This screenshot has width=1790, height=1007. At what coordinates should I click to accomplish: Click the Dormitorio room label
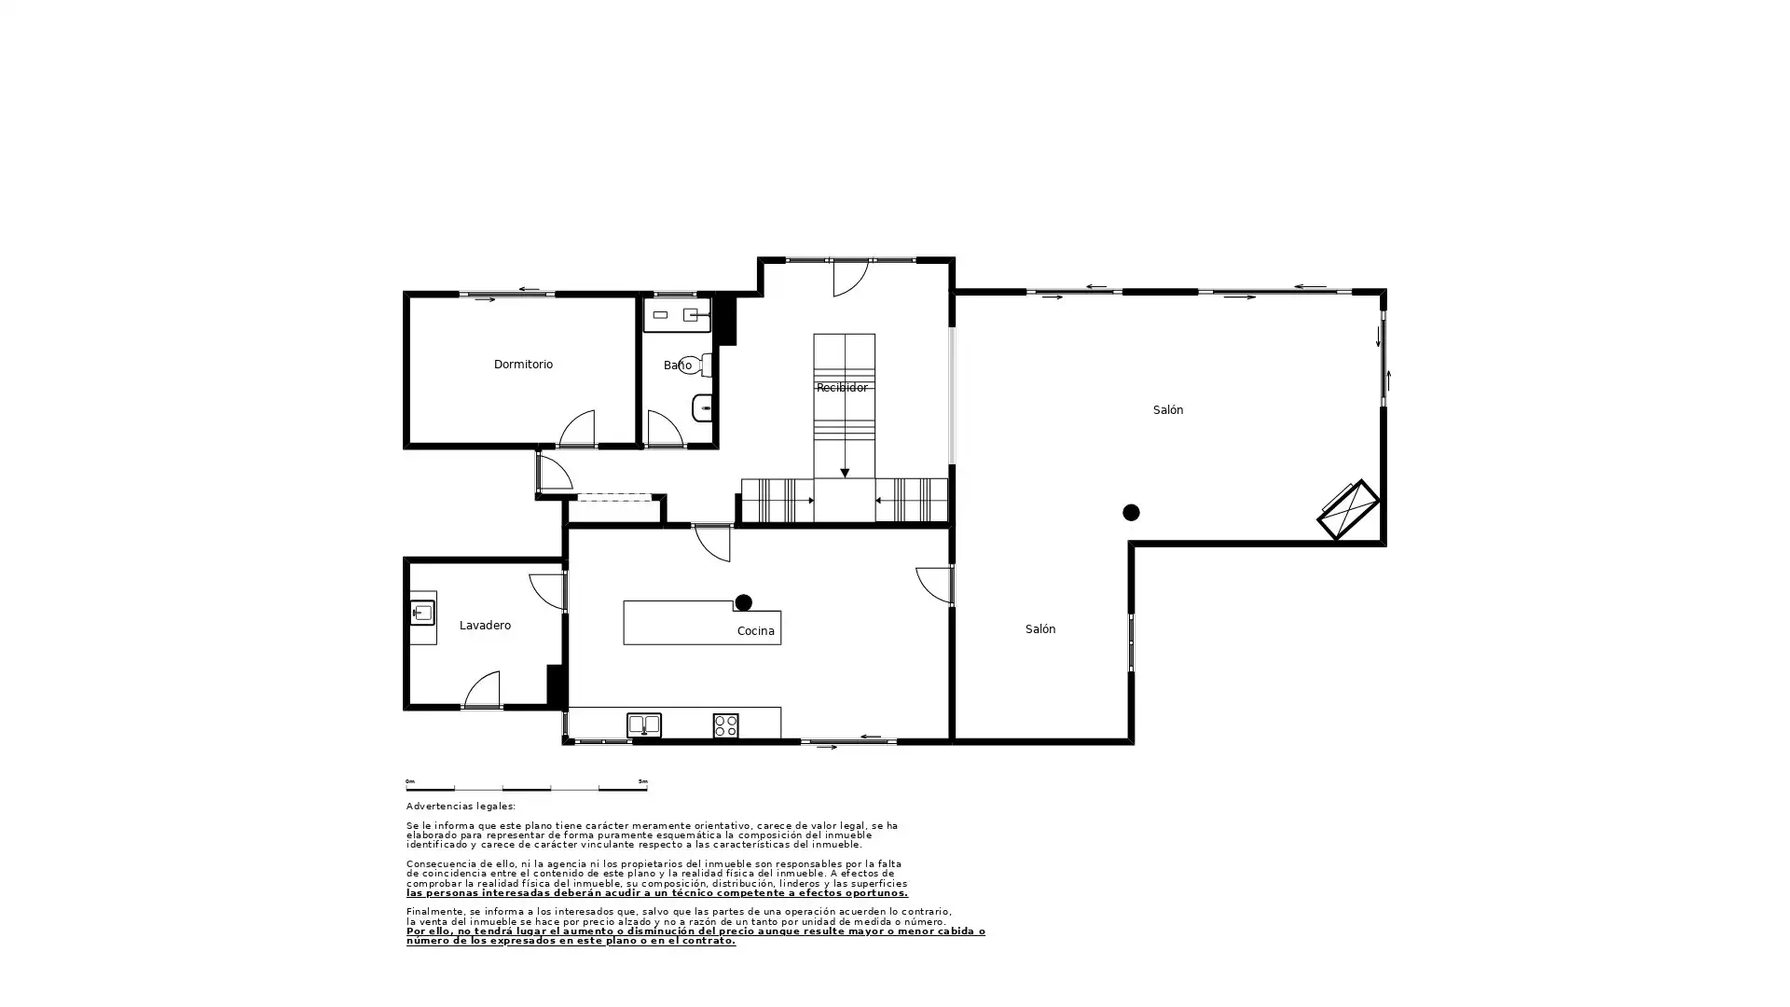(x=523, y=365)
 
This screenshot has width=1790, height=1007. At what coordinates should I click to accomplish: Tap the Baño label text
(x=678, y=366)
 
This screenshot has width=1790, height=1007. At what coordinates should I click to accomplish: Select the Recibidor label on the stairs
(x=842, y=388)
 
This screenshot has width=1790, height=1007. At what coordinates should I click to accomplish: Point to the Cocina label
(x=755, y=631)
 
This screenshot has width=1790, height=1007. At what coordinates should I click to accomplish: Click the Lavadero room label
(x=485, y=626)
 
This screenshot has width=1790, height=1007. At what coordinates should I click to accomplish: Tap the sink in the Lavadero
(x=422, y=613)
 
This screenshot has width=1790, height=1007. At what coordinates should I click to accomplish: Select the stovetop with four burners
(x=725, y=725)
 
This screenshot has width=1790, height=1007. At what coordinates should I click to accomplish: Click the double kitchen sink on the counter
(x=643, y=724)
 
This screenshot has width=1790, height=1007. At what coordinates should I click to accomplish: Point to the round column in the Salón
(x=1131, y=512)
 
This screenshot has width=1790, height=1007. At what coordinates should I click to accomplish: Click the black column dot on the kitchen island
(x=743, y=602)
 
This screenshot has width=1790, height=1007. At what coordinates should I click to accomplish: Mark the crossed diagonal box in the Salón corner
(x=1348, y=509)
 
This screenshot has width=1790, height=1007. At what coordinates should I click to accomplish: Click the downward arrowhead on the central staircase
(x=845, y=474)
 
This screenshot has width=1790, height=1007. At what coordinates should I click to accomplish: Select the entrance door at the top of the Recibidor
(x=851, y=279)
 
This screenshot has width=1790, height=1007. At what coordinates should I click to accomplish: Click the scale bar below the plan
(x=527, y=789)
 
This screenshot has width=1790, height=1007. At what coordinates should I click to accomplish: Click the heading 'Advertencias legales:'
(x=461, y=807)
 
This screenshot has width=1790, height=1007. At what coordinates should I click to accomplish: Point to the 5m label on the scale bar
(x=643, y=781)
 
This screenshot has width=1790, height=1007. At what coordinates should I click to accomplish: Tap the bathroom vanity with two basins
(x=677, y=315)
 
